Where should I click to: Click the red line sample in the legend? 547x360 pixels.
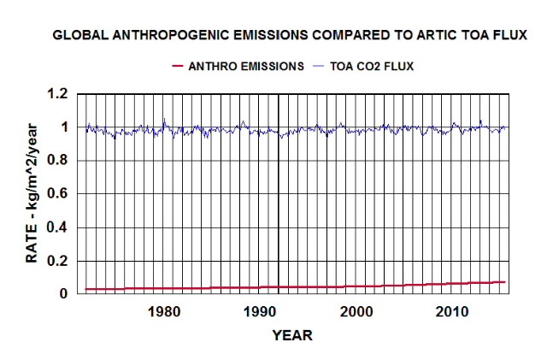point(177,66)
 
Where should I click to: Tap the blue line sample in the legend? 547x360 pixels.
point(321,66)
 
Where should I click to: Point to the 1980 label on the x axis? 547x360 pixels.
point(163,310)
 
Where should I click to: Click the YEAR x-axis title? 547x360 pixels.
point(292,335)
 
